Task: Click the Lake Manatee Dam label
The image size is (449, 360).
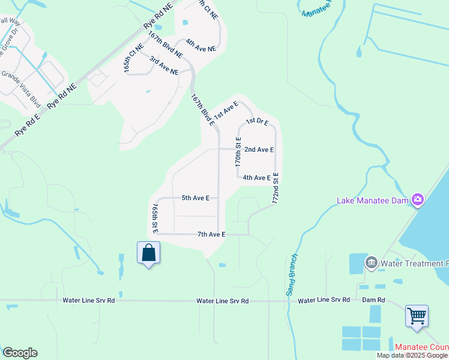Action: tap(372, 200)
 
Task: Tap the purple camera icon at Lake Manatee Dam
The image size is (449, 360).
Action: tap(418, 200)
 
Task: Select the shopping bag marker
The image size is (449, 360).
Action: tap(148, 253)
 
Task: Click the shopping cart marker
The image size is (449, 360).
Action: tap(417, 315)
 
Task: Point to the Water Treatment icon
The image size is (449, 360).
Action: tap(371, 262)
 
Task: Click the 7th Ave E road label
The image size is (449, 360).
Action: tap(211, 234)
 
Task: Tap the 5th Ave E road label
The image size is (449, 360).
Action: tap(195, 197)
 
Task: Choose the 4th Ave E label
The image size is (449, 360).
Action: tap(257, 178)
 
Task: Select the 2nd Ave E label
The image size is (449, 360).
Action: tap(259, 149)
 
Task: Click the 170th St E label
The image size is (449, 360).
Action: tap(238, 152)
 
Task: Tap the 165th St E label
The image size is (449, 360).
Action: tap(155, 218)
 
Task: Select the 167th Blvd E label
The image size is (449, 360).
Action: tap(203, 109)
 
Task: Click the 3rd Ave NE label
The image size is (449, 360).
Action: tap(164, 66)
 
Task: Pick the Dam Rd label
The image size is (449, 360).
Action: tap(373, 299)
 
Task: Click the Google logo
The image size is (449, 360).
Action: tap(20, 352)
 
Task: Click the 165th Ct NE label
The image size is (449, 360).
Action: tap(134, 58)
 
